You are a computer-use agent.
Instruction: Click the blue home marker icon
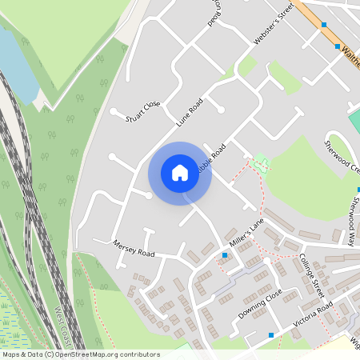click(180, 172)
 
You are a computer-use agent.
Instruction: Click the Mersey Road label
click(132, 247)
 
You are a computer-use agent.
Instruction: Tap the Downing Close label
click(260, 302)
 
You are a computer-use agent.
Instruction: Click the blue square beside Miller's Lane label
click(225, 255)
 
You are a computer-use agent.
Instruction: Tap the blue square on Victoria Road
click(271, 334)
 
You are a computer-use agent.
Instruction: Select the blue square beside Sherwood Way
click(358, 190)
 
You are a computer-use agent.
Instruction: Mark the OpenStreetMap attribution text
click(80, 354)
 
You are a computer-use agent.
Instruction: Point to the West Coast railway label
click(64, 324)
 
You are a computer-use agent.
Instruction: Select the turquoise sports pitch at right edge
click(354, 120)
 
